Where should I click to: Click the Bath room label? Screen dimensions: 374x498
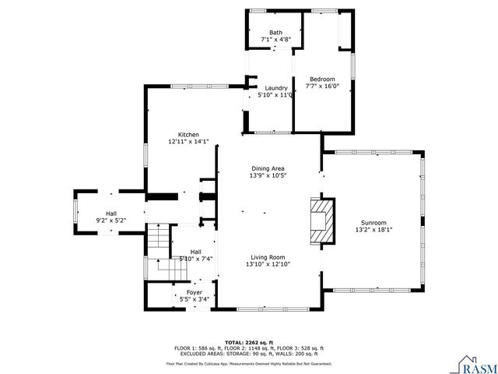(275, 33)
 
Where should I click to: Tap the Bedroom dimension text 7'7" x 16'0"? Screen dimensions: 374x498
(322, 87)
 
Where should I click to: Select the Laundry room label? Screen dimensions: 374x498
(275, 88)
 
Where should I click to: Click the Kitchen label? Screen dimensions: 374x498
(188, 135)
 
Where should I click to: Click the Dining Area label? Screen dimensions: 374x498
(268, 168)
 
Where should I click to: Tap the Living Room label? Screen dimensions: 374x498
(268, 257)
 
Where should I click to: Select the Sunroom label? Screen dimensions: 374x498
(373, 222)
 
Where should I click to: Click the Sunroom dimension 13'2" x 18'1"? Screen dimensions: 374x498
(373, 230)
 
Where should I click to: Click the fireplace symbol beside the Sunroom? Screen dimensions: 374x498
(321, 222)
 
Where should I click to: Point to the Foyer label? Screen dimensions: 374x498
(194, 292)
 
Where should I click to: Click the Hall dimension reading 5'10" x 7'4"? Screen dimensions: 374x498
(195, 259)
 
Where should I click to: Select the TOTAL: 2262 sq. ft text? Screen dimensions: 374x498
(249, 342)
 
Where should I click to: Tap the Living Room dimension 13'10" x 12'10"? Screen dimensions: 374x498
(268, 265)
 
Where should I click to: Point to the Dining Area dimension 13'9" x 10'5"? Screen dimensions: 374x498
(268, 176)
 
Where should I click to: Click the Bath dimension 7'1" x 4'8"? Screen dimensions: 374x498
(275, 40)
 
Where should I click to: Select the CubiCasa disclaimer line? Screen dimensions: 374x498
(249, 364)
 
